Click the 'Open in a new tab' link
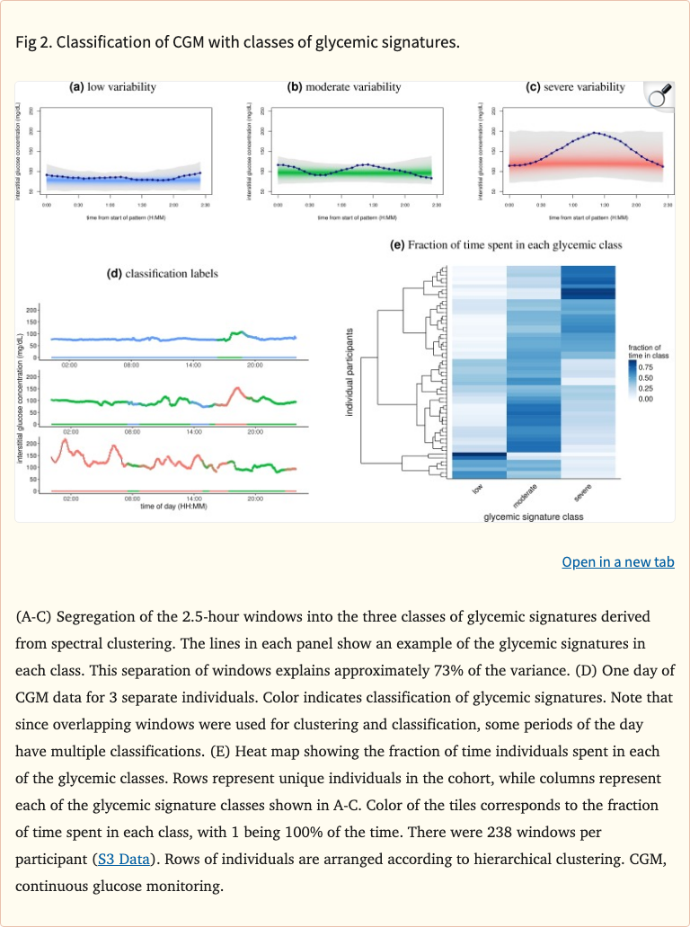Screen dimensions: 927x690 [617, 561]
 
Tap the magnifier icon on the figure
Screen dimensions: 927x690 [659, 96]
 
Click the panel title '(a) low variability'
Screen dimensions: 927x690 [113, 87]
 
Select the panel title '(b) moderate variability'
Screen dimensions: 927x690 [344, 87]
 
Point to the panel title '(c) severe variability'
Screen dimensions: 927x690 [575, 87]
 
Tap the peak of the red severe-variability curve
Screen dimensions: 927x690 [596, 133]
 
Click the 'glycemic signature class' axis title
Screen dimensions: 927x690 [533, 517]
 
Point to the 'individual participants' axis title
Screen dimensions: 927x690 [349, 371]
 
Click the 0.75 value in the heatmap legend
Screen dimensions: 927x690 [646, 367]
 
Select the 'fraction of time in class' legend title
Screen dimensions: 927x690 [645, 352]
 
